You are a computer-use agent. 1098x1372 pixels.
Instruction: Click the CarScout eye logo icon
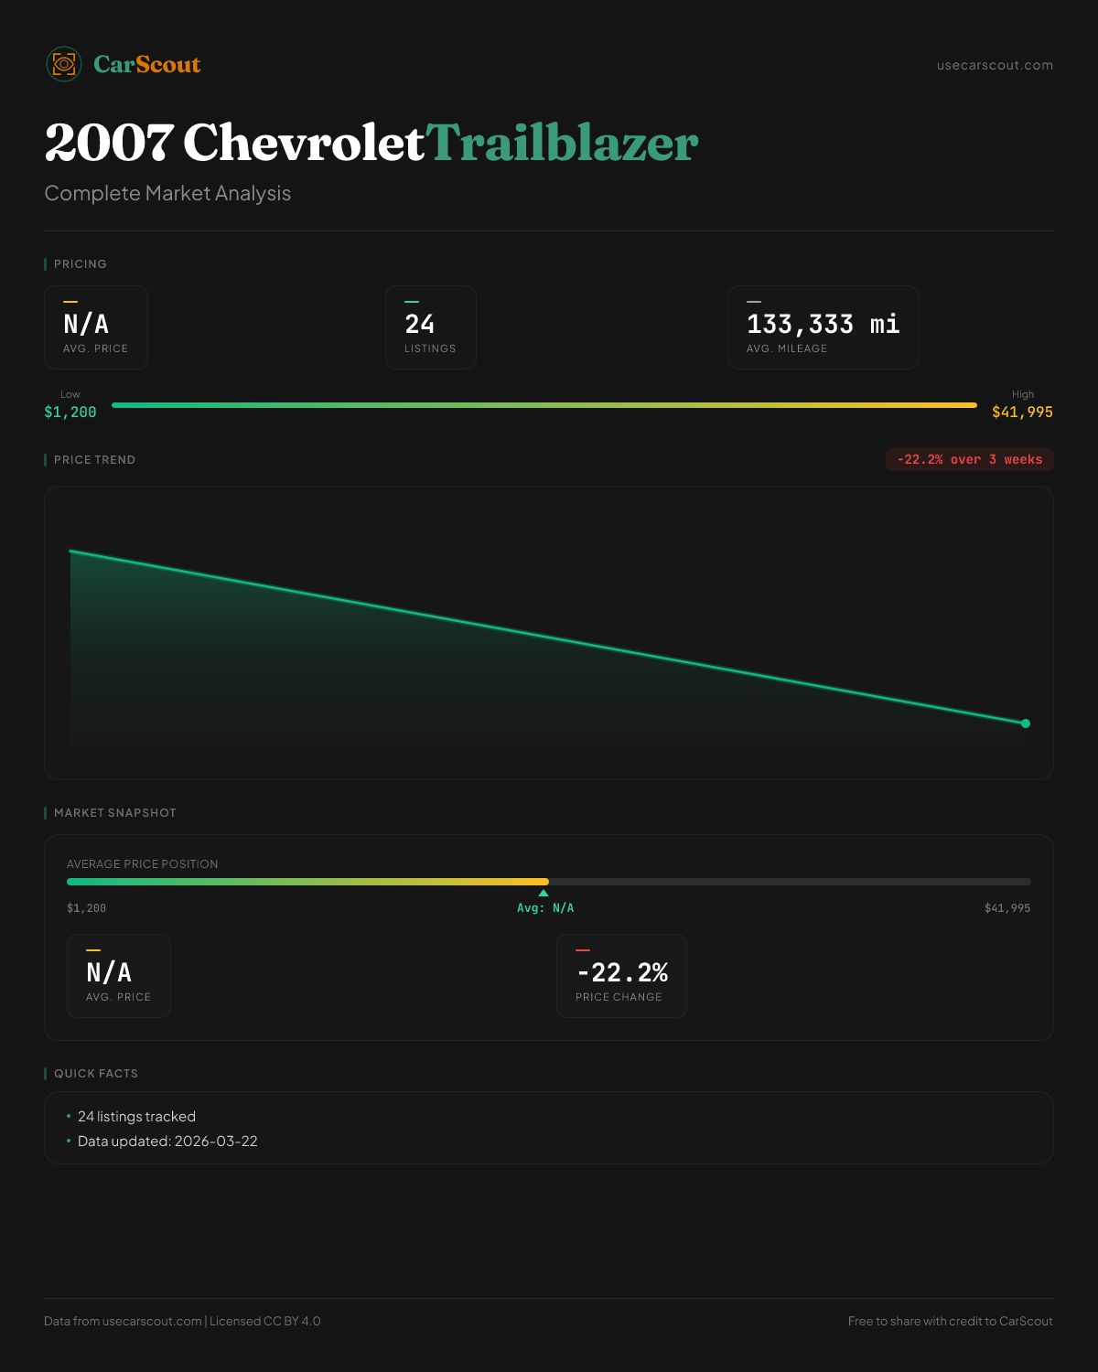(x=64, y=64)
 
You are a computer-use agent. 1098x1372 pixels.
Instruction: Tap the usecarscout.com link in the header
(x=995, y=65)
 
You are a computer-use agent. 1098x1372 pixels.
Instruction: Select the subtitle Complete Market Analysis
(x=167, y=193)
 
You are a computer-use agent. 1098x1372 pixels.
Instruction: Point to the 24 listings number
(x=420, y=324)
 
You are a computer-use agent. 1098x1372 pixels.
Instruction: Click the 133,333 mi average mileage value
(x=823, y=324)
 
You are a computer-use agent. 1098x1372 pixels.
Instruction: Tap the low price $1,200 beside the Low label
(x=70, y=413)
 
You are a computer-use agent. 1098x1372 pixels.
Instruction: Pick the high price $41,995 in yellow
(x=1022, y=413)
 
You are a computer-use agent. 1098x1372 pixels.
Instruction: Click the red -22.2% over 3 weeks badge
(x=969, y=459)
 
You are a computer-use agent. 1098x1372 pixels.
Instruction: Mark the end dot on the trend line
(x=1026, y=724)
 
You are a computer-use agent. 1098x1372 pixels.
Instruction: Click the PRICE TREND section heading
(x=94, y=460)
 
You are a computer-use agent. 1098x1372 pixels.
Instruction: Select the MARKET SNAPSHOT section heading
(x=114, y=813)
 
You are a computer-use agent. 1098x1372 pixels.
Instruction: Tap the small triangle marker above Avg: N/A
(x=544, y=893)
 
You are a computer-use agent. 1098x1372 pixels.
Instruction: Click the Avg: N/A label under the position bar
(x=545, y=908)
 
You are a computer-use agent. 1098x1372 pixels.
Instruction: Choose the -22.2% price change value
(x=622, y=972)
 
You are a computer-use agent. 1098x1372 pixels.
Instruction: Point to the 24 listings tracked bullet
(x=136, y=1117)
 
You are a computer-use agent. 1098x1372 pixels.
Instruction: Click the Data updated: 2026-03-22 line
(x=167, y=1142)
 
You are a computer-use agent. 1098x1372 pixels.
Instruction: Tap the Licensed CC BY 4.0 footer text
(x=265, y=1321)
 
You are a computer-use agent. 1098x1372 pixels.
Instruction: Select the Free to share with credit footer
(x=950, y=1321)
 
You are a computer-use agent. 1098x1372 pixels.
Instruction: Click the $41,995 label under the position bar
(x=1006, y=908)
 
